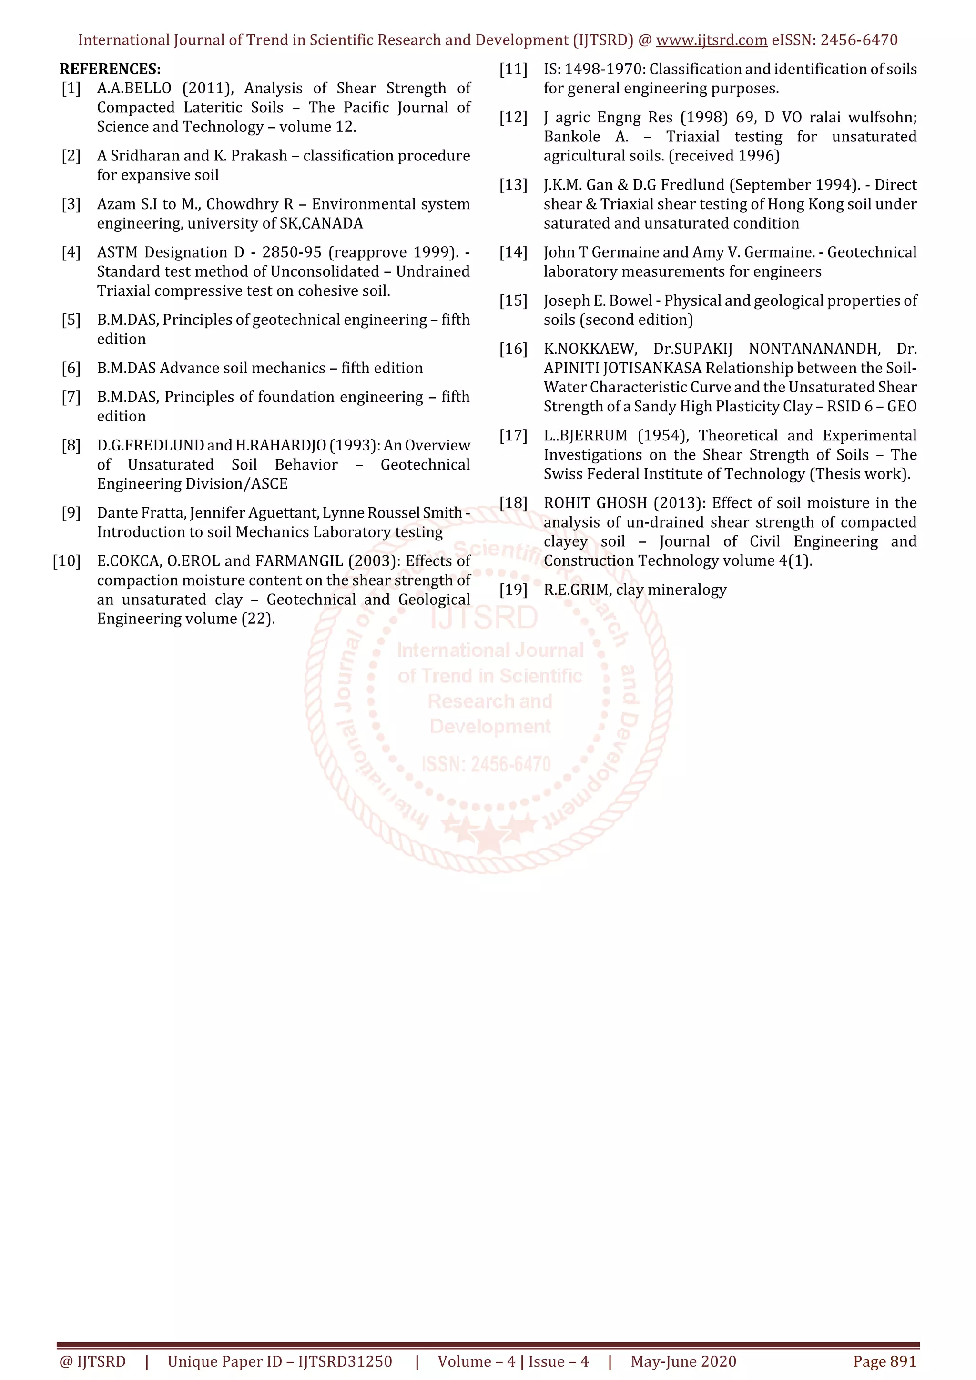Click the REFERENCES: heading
110,69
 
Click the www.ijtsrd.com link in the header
712,40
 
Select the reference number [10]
67,561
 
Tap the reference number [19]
513,590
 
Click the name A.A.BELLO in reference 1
134,89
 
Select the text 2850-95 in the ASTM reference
292,252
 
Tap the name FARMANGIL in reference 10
299,561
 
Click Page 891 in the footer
884,1361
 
